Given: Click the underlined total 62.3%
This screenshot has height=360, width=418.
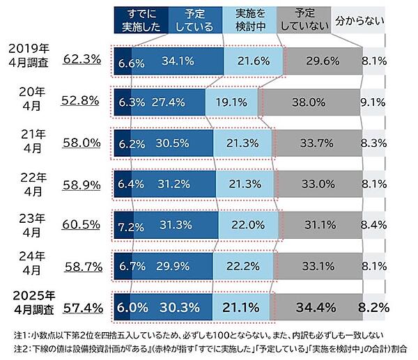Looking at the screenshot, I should (x=82, y=61).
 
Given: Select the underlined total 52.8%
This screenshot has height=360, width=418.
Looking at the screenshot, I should (x=82, y=100).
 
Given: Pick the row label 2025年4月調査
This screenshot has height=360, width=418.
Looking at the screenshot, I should (x=29, y=300).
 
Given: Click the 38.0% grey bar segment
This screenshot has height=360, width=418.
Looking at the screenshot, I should (x=310, y=102).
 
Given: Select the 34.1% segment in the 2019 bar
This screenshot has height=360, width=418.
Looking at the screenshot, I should (x=177, y=61).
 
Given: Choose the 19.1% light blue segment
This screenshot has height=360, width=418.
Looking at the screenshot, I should (x=231, y=102).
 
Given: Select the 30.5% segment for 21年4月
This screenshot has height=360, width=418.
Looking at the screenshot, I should (x=171, y=143).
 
